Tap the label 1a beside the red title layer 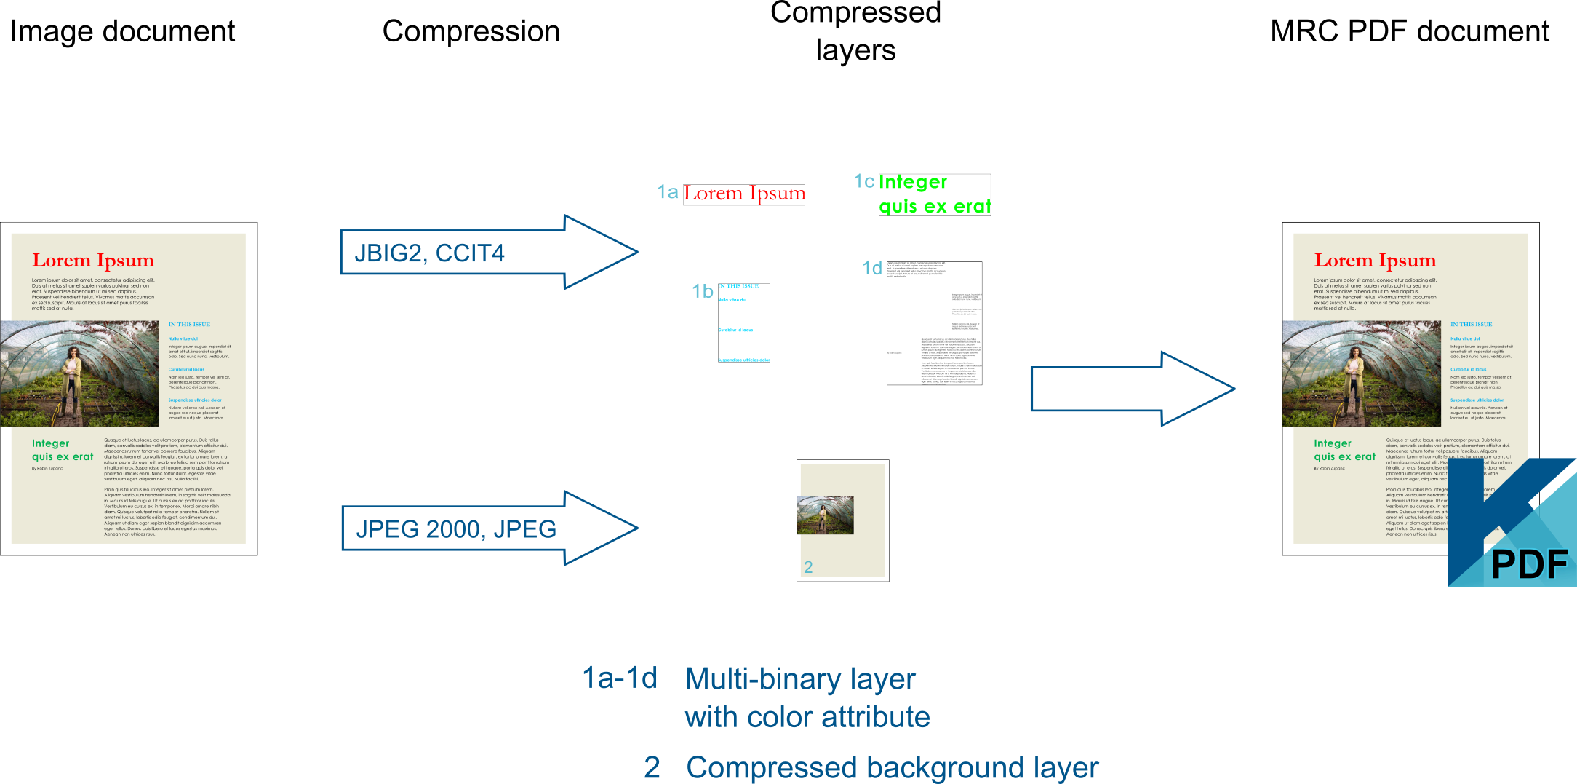[667, 192]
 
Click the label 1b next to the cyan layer [702, 291]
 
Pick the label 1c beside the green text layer [863, 181]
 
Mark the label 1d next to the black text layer [871, 268]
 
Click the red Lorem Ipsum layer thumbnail [744, 194]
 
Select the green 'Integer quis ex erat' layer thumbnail [935, 195]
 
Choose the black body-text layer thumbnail [934, 323]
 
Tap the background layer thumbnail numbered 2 [842, 520]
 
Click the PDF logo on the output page [1513, 524]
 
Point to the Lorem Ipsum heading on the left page [93, 260]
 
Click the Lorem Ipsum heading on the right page [1375, 260]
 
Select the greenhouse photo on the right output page [1360, 373]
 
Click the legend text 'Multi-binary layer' [800, 679]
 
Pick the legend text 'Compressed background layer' [892, 767]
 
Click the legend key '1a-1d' [620, 678]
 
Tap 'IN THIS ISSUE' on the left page [189, 325]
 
